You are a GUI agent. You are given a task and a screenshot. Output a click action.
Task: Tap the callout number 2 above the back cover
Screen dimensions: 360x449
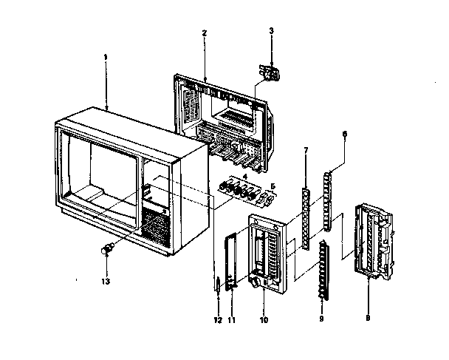tap(204, 33)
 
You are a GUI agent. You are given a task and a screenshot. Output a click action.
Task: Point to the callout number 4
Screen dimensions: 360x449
tap(244, 176)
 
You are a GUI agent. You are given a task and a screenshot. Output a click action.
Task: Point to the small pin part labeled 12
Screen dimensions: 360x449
tap(218, 283)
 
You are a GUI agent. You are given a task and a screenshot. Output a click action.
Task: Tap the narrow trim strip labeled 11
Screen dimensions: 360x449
tap(230, 259)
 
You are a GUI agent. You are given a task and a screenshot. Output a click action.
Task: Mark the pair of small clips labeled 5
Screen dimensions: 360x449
tap(267, 199)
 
